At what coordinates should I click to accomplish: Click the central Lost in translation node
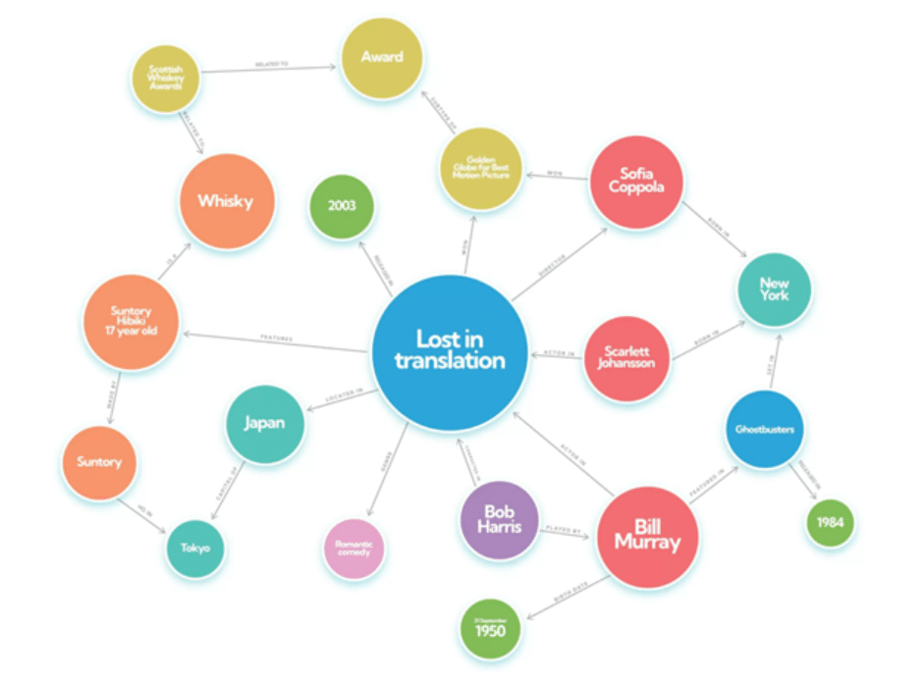point(449,351)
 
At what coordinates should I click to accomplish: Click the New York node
point(774,289)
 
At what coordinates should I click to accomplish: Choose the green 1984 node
point(830,522)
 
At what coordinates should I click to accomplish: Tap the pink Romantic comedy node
point(353,548)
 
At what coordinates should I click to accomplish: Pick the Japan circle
point(264,424)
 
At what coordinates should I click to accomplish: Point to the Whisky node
point(225,201)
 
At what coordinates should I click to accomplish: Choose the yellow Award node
point(381,57)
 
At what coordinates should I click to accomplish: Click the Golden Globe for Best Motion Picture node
point(478,168)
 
